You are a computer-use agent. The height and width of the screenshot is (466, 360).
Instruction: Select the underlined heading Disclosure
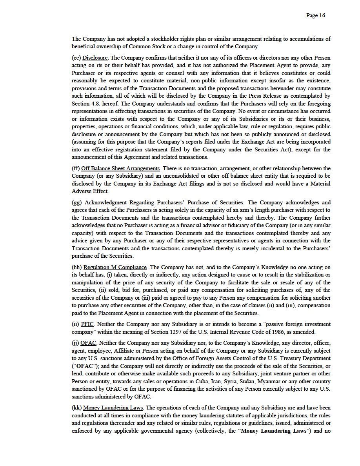point(95,58)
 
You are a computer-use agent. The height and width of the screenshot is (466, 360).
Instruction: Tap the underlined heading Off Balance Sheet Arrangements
point(121,169)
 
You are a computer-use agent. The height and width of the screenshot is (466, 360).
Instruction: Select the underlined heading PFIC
point(87,324)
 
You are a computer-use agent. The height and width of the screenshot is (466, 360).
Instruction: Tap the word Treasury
point(293,359)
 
